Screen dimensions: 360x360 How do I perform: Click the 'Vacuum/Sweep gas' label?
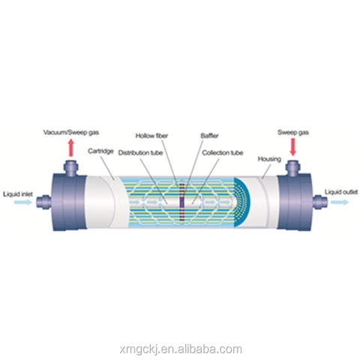coord(71,132)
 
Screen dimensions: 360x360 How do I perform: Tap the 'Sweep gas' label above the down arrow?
coord(293,132)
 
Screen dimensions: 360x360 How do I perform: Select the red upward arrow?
coord(71,148)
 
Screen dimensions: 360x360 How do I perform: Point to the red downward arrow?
coord(292,147)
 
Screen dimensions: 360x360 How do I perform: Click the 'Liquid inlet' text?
coord(18,194)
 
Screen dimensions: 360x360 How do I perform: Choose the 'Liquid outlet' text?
coord(341,192)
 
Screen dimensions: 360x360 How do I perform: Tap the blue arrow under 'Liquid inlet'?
coord(22,202)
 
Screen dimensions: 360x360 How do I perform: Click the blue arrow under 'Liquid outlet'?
coord(340,202)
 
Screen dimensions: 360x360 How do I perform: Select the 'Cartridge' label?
coord(100,151)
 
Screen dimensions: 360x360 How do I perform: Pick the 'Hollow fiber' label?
coord(151,136)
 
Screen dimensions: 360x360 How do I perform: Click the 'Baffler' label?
coord(209,136)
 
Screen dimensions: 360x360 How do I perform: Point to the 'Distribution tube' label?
coord(140,152)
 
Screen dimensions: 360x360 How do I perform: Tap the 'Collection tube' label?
coord(223,152)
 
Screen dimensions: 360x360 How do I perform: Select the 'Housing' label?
coord(269,159)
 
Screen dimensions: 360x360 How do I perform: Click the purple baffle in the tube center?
coord(182,202)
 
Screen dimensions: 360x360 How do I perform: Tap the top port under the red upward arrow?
coord(71,167)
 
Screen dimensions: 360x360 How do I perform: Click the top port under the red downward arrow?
coord(293,167)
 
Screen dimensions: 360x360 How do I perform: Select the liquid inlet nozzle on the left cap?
coord(43,202)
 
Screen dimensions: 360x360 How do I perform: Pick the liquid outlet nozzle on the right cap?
coord(320,202)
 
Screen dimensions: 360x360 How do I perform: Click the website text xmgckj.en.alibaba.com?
coord(181,349)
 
